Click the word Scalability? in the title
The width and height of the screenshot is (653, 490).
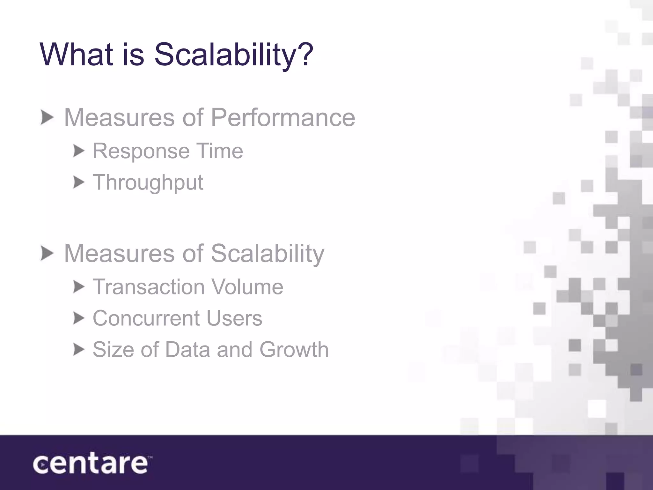(x=234, y=55)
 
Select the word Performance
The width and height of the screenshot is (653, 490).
(x=283, y=117)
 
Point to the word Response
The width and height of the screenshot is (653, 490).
(x=140, y=151)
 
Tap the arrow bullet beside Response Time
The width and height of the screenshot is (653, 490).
(x=78, y=151)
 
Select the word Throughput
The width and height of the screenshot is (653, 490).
(x=148, y=182)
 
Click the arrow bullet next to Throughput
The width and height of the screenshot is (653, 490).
(x=78, y=182)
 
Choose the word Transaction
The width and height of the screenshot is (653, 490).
(x=149, y=287)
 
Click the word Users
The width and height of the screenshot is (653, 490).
(x=234, y=318)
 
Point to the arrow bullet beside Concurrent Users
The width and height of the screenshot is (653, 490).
(x=78, y=318)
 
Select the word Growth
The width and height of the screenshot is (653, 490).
(x=294, y=349)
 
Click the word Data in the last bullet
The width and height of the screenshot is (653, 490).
(x=187, y=349)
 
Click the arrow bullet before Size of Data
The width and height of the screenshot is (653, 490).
(x=78, y=350)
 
